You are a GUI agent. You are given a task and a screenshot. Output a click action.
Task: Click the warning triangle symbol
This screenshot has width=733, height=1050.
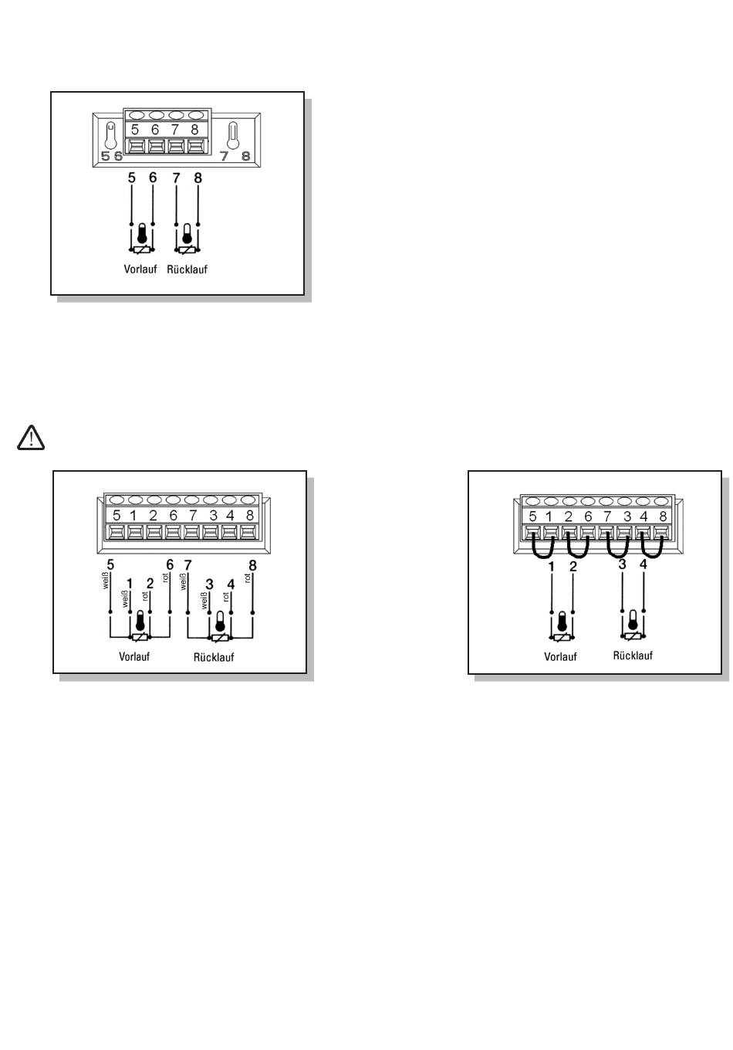click(30, 438)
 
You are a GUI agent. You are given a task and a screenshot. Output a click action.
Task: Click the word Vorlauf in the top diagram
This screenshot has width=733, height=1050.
click(140, 269)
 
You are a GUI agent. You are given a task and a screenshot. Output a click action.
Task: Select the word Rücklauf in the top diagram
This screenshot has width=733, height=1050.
click(187, 269)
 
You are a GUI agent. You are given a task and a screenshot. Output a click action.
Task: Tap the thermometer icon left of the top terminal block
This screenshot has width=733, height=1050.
click(111, 137)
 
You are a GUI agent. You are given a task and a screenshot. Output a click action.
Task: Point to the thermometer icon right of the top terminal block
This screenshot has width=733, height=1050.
click(232, 136)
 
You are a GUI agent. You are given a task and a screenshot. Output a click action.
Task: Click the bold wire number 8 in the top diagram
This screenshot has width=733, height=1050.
click(198, 178)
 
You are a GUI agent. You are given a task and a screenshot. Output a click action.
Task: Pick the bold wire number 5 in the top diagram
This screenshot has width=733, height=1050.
click(132, 178)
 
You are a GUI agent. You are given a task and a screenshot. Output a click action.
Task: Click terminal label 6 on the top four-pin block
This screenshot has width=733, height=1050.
click(155, 130)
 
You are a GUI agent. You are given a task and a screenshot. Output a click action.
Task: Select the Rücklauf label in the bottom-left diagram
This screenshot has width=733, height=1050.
click(214, 657)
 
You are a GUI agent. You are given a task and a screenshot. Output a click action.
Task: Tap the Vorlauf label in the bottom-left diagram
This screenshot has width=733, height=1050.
click(134, 656)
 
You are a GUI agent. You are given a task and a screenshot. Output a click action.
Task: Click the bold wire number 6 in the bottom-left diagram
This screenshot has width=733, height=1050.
click(171, 565)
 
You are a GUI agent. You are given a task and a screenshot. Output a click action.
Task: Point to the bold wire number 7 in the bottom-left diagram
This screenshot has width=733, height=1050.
click(187, 565)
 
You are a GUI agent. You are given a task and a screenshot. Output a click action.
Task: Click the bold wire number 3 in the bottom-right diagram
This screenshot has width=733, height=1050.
click(622, 565)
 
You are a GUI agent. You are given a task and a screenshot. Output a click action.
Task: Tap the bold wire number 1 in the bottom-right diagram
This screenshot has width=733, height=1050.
click(552, 567)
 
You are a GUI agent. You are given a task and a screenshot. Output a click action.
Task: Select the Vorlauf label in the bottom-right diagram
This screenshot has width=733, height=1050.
click(560, 657)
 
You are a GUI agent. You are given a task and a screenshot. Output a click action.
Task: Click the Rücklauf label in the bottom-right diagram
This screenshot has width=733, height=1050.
click(633, 655)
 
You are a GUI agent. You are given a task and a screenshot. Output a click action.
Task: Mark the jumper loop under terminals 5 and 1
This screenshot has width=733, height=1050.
click(542, 550)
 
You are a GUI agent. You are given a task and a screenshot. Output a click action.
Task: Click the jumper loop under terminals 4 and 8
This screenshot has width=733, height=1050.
click(654, 550)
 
